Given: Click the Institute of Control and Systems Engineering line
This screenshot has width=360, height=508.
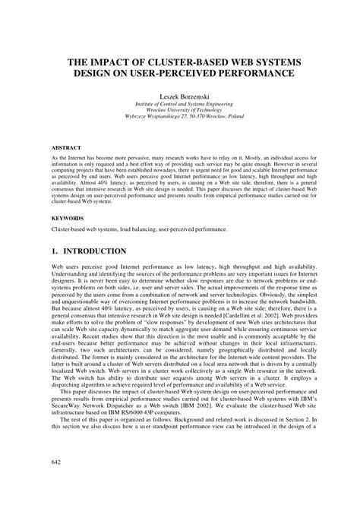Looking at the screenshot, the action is [180, 109].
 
